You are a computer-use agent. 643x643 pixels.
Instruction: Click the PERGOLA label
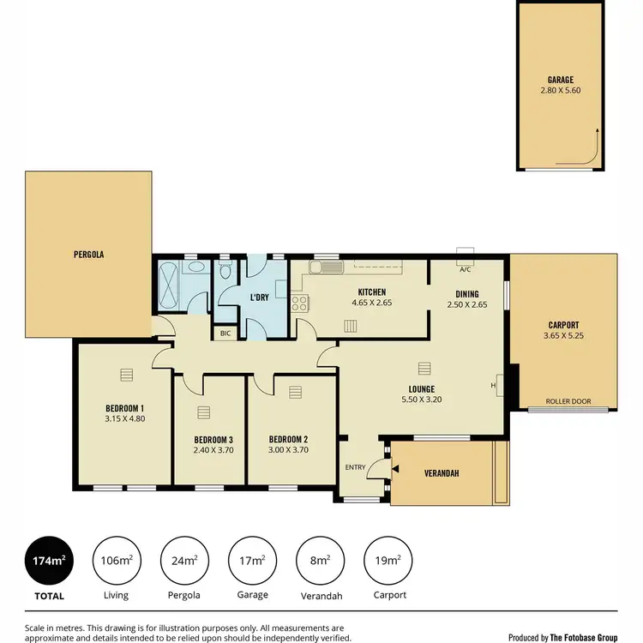click(x=88, y=255)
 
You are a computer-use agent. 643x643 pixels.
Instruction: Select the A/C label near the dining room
click(x=466, y=269)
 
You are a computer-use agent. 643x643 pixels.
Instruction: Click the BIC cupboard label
click(x=225, y=333)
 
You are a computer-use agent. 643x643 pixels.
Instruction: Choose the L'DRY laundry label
click(x=260, y=297)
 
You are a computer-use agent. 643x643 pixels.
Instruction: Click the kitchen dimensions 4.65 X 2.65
click(x=371, y=303)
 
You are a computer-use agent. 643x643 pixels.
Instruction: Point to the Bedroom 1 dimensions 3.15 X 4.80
click(x=124, y=418)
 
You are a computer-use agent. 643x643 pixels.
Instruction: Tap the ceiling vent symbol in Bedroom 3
click(x=203, y=413)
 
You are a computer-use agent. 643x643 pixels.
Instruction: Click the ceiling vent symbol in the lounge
click(x=424, y=368)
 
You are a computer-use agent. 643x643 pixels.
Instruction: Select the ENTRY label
click(x=355, y=467)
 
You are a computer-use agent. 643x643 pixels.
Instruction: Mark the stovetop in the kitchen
click(x=300, y=303)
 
